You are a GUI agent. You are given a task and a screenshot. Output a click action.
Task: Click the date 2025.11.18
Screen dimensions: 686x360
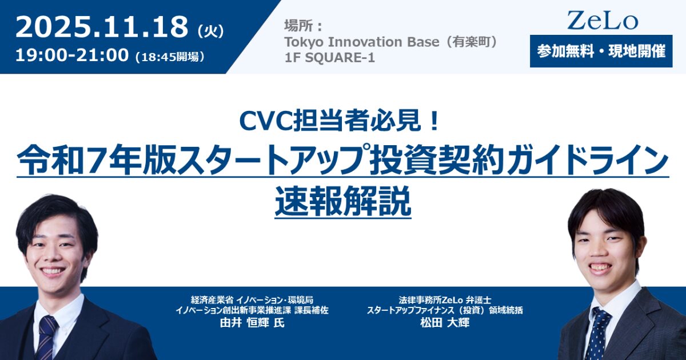101,27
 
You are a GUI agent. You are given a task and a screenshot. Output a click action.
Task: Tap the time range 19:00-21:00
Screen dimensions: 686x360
72,56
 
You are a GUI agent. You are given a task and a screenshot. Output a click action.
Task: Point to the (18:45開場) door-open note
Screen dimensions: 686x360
170,57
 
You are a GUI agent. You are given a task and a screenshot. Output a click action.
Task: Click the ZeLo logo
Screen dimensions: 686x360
603,21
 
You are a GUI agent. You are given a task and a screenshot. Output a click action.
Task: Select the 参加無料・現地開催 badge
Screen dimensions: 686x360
601,51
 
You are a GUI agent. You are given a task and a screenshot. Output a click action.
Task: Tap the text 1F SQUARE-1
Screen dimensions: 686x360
329,57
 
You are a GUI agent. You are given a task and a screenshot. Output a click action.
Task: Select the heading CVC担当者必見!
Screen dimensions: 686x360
340,122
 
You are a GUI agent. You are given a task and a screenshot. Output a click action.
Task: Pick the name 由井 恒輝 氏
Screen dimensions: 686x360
252,323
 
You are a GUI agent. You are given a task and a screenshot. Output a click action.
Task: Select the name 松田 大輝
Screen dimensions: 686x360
445,323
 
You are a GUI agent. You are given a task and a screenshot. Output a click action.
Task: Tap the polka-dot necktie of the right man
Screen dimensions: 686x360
597,333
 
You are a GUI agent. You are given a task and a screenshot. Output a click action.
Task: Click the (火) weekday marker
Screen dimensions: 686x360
211,32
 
